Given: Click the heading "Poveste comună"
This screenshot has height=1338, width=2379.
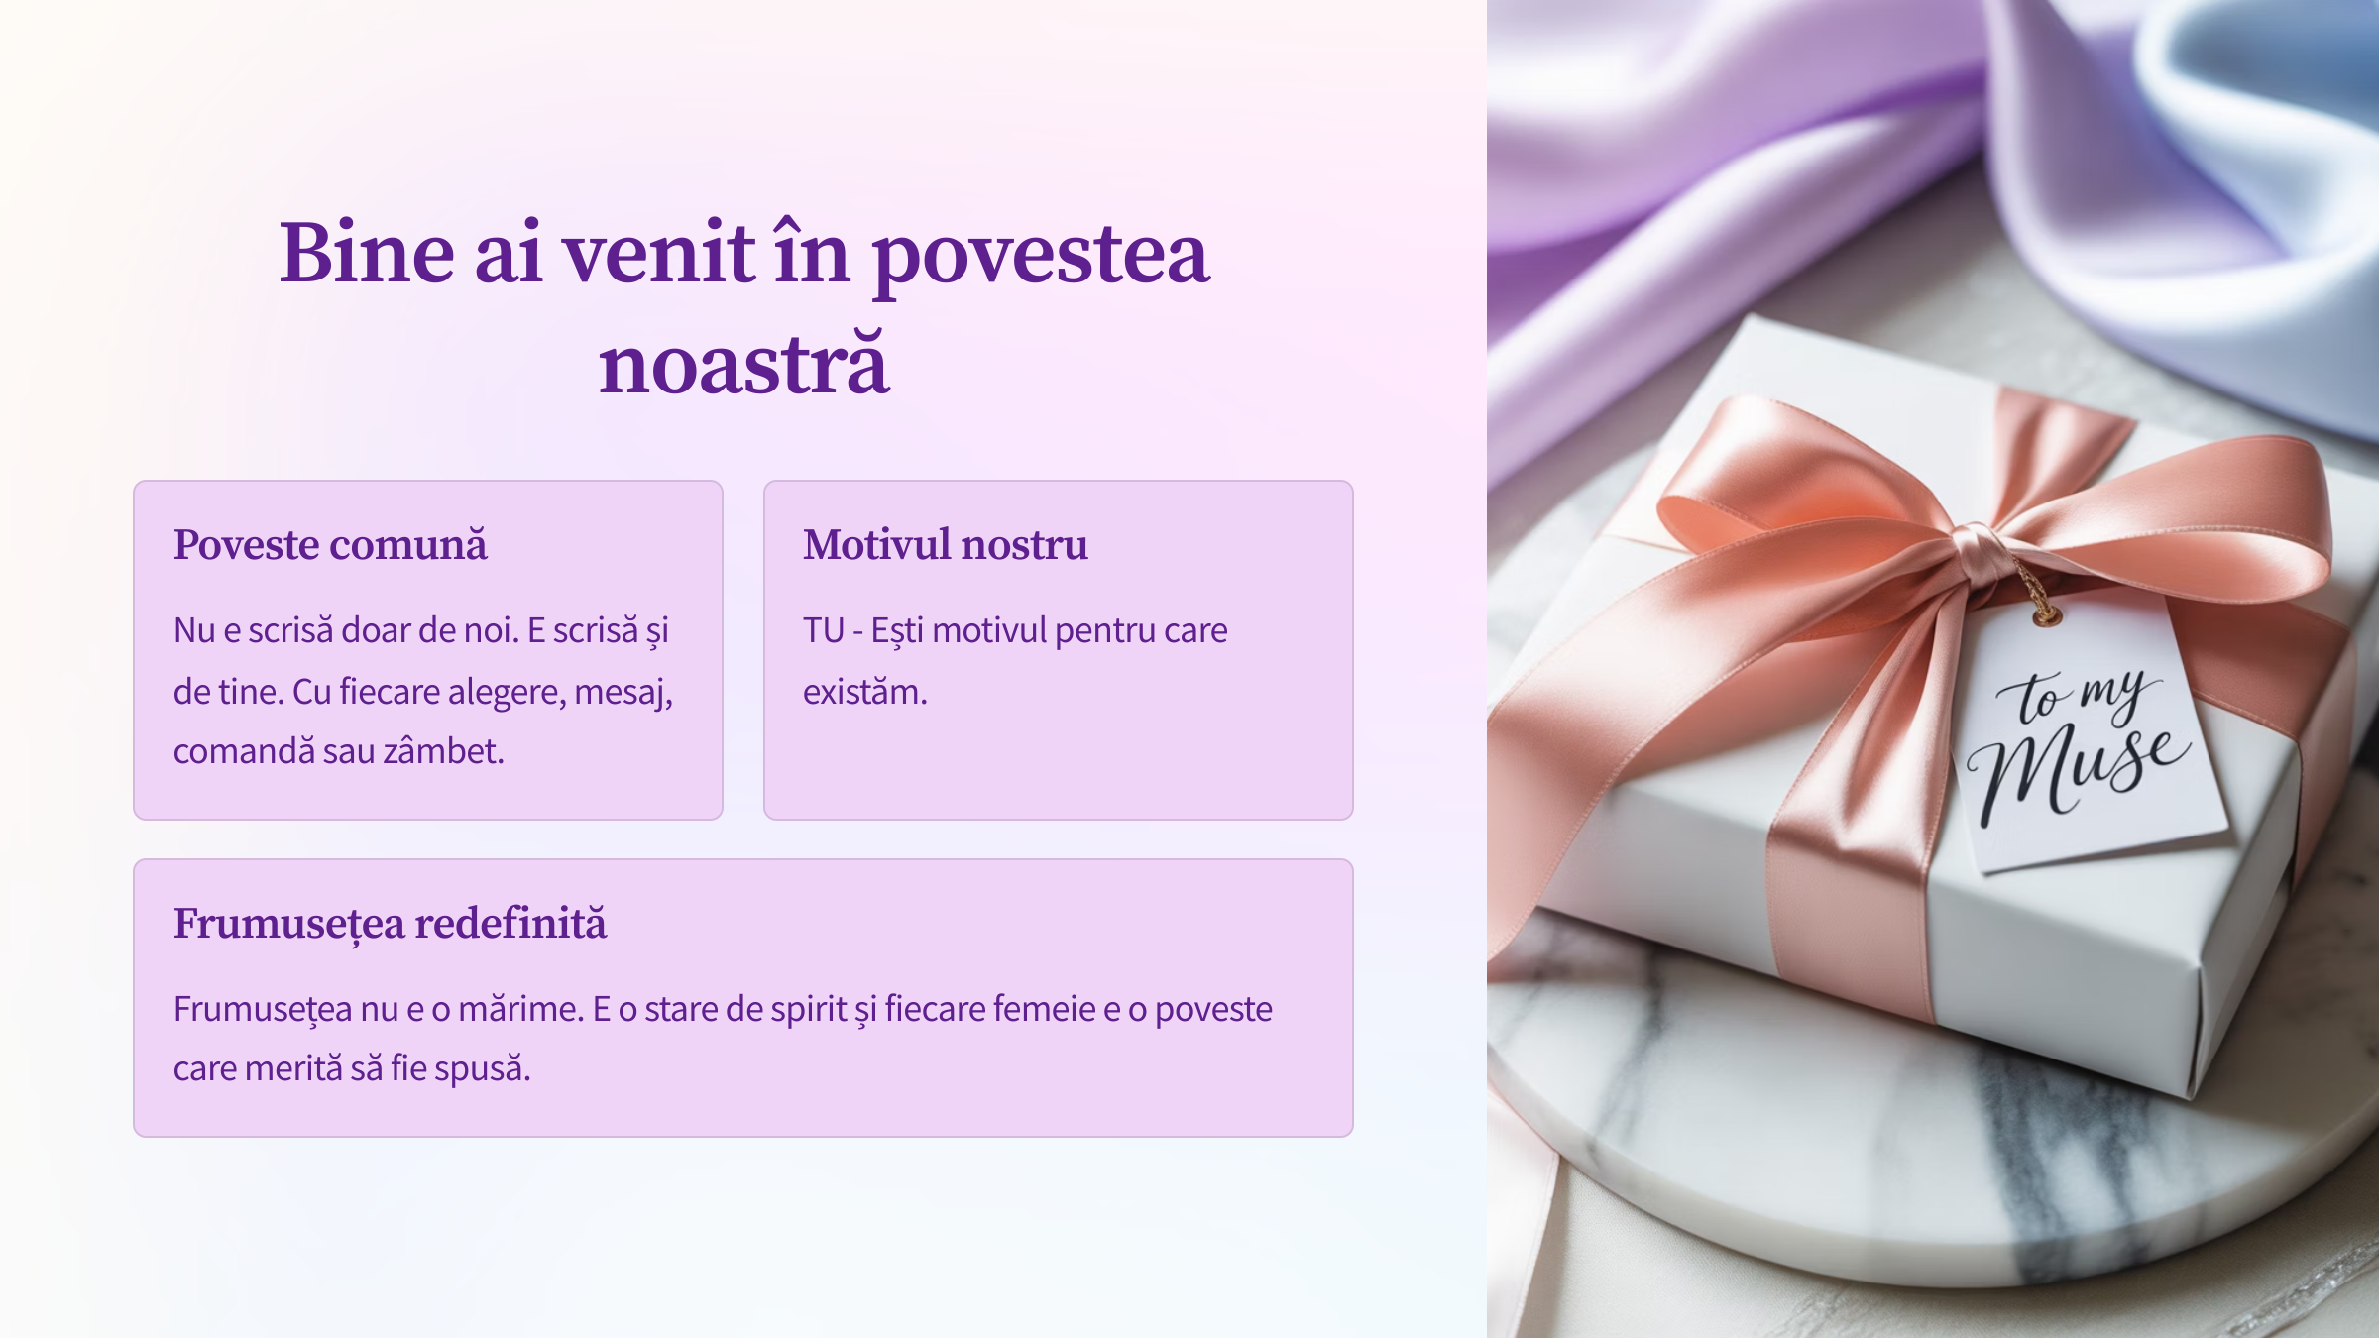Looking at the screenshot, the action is (330, 544).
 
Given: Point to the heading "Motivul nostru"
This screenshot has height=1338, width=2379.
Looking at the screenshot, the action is (946, 544).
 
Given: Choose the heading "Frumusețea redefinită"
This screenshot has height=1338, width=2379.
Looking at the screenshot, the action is (390, 923).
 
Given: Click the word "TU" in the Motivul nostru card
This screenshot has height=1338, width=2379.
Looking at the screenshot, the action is (824, 630).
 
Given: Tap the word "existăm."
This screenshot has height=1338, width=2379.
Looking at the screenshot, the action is (864, 692).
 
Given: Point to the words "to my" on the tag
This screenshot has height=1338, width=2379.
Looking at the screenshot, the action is (2072, 696).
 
